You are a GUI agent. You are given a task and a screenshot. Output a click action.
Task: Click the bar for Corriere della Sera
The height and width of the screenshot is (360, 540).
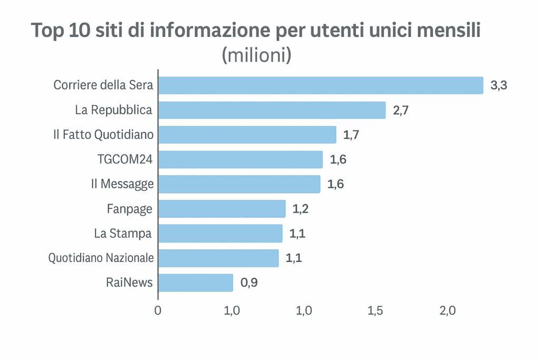coord(321,85)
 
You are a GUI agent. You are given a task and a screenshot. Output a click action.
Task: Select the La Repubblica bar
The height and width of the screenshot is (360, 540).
coord(272,110)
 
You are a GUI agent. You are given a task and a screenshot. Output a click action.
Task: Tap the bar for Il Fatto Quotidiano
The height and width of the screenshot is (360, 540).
coord(247,134)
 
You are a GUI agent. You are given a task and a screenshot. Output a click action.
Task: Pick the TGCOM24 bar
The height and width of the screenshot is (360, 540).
coord(240,159)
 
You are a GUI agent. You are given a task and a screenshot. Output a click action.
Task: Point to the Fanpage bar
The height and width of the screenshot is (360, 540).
coord(221,209)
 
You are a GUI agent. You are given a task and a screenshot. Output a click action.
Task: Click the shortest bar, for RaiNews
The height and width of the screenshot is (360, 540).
coord(195,283)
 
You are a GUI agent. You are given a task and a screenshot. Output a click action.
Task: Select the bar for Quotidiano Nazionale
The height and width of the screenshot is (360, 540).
coord(218,258)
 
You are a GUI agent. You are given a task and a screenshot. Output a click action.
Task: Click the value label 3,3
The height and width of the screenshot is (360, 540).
coord(498,86)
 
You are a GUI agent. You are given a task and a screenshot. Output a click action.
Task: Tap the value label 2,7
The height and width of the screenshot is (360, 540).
coord(401,111)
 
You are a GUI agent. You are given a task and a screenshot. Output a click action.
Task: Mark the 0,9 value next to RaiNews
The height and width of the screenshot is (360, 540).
coord(249,283)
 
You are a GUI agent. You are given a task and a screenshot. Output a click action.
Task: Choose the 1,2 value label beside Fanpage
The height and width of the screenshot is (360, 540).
coord(300,209)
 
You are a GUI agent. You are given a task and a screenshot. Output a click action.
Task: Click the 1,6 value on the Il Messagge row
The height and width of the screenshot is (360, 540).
coord(335,184)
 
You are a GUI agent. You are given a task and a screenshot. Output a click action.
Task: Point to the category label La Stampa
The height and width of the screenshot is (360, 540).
coord(123,233)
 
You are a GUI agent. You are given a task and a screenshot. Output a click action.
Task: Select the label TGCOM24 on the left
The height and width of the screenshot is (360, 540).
coord(126,159)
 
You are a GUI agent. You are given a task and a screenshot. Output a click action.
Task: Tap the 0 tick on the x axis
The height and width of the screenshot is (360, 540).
coord(158,310)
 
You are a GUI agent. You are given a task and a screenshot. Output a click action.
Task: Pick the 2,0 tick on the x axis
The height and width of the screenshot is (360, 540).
coord(447,310)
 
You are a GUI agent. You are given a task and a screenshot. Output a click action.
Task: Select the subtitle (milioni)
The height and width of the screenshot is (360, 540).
coord(257,55)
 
